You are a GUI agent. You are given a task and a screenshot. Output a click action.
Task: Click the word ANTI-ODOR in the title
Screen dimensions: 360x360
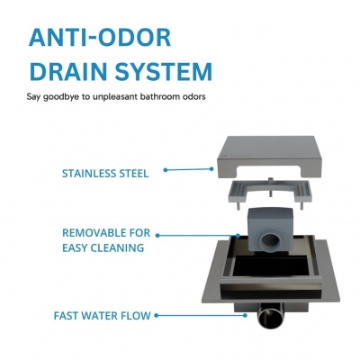pos(100,38)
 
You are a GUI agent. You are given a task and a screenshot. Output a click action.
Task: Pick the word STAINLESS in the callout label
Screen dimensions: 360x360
pos(89,174)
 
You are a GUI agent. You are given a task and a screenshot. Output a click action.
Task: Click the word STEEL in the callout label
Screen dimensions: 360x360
pos(134,174)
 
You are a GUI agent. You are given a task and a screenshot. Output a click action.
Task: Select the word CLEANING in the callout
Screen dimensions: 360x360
pos(117,248)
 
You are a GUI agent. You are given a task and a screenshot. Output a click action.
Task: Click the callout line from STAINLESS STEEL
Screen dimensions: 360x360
pos(188,169)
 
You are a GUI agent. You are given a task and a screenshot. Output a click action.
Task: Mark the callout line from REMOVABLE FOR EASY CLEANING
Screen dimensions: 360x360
pos(198,236)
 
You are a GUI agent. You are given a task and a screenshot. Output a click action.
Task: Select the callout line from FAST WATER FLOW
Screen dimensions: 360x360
pos(201,316)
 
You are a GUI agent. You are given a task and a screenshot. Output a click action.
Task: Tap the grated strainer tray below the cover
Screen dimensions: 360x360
pos(270,192)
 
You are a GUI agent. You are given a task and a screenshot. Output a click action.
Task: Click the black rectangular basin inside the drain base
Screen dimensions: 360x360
pos(271,267)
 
